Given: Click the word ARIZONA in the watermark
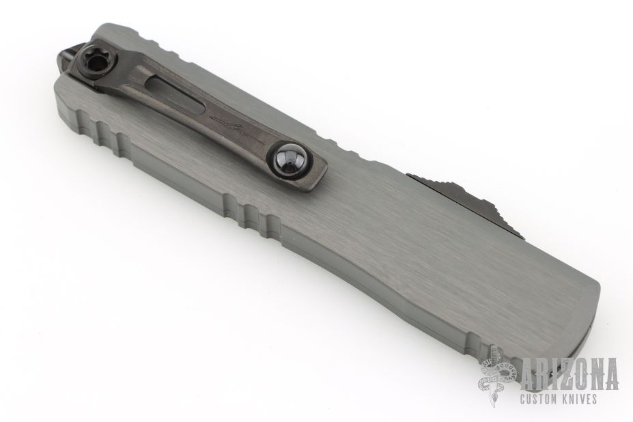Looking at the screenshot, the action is (569, 374).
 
